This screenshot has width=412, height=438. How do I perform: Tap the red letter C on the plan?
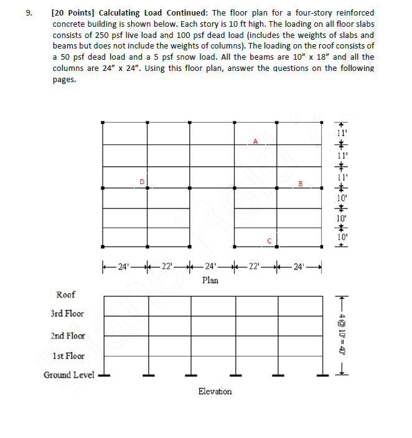(x=269, y=240)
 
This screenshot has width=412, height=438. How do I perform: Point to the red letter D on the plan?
(x=142, y=181)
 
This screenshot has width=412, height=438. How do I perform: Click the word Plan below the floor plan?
(x=210, y=281)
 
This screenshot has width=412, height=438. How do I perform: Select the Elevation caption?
(x=215, y=391)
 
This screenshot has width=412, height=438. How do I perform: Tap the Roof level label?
(x=66, y=294)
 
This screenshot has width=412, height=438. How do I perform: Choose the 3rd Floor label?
(x=67, y=314)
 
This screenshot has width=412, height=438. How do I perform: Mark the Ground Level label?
(x=68, y=375)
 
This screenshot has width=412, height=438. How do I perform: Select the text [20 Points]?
(x=75, y=12)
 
